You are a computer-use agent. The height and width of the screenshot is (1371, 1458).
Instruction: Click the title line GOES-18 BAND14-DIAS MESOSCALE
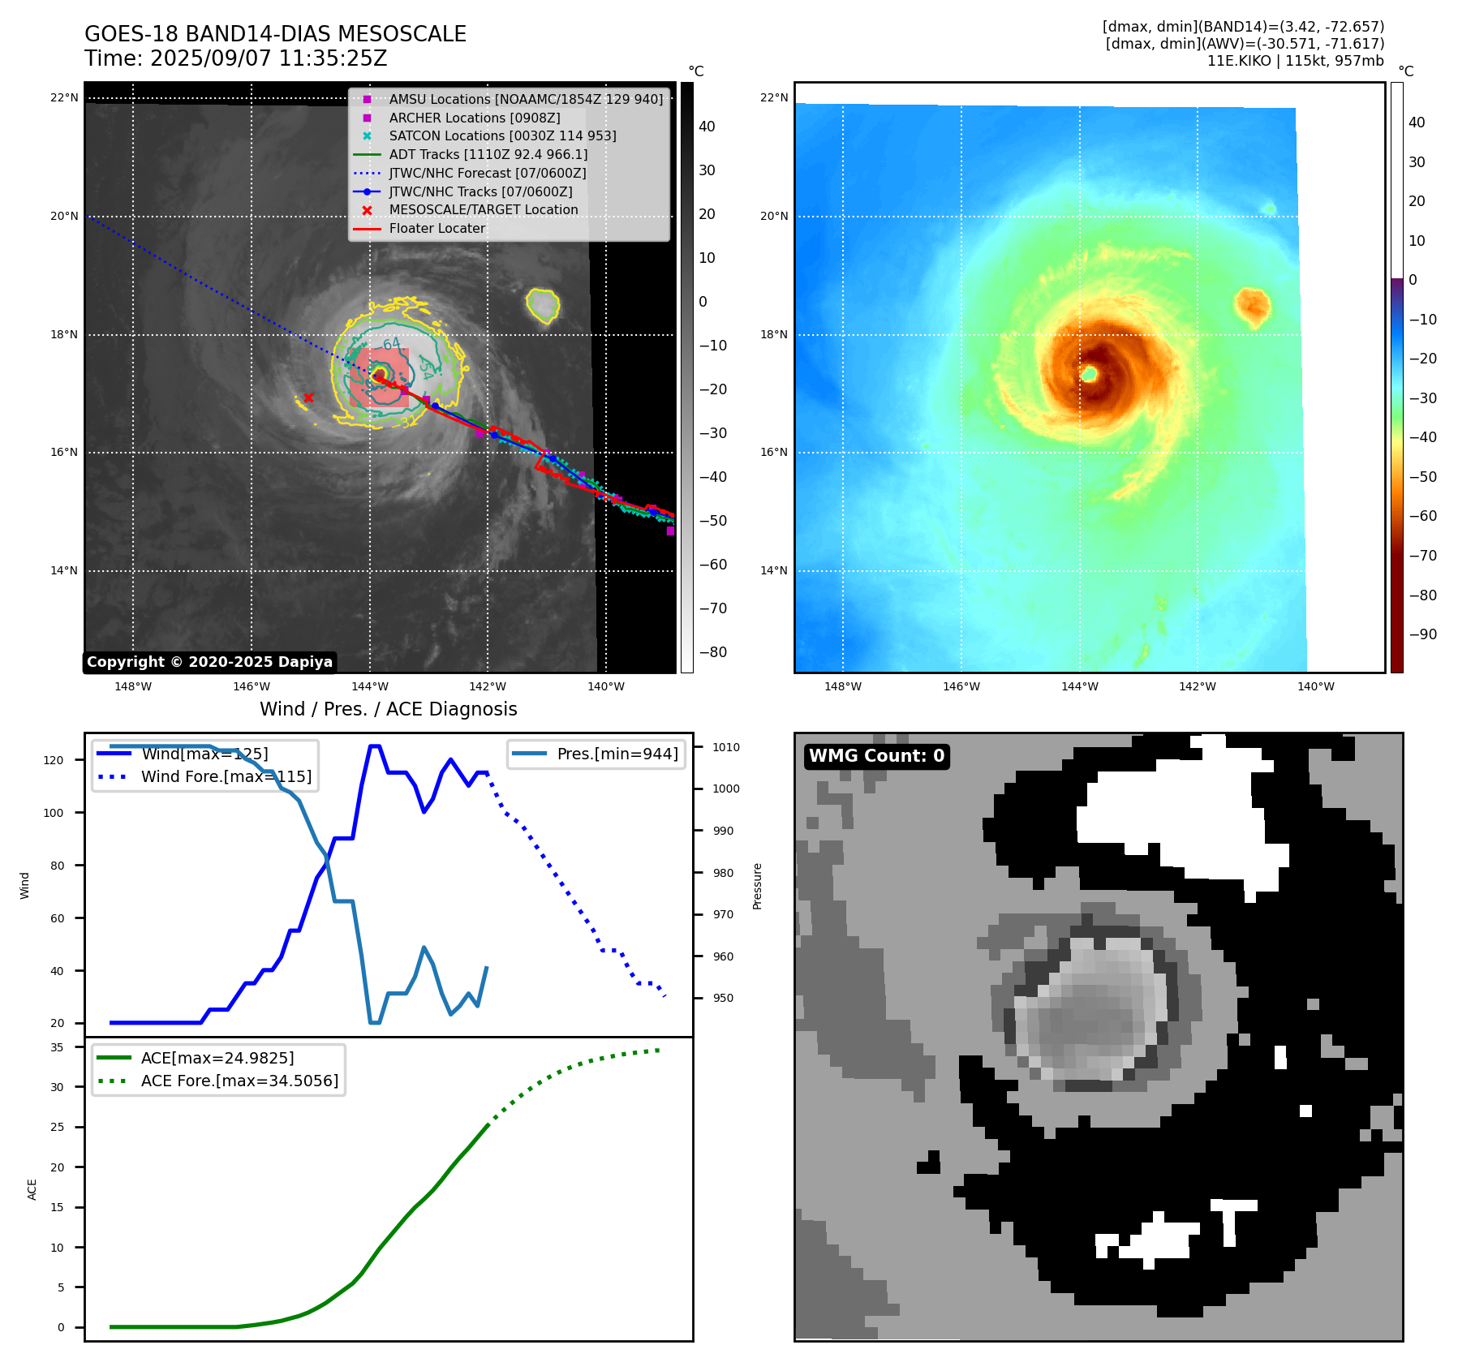pyautogui.click(x=275, y=34)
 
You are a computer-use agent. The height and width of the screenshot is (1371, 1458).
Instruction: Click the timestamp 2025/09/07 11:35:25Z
pyautogui.click(x=268, y=59)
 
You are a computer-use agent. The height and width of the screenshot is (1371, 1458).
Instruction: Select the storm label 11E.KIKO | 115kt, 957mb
pyautogui.click(x=1295, y=61)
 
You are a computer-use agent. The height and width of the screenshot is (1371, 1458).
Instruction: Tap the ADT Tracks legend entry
pyautogui.click(x=488, y=154)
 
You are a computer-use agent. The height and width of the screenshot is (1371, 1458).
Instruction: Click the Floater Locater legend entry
pyautogui.click(x=437, y=229)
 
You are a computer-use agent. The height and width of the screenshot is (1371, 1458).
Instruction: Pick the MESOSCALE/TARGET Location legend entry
pyautogui.click(x=483, y=210)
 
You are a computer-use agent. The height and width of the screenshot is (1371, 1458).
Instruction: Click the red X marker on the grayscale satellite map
pyautogui.click(x=308, y=398)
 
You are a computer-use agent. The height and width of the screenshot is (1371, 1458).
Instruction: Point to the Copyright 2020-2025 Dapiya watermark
pyautogui.click(x=209, y=662)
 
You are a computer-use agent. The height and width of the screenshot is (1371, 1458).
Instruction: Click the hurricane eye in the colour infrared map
pyautogui.click(x=1090, y=373)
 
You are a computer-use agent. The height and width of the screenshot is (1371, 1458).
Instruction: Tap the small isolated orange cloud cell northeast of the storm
pyautogui.click(x=1252, y=306)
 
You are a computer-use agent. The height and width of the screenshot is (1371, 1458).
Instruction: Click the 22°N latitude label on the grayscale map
pyautogui.click(x=65, y=98)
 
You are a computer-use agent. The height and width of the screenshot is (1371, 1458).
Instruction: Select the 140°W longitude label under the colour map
pyautogui.click(x=1315, y=686)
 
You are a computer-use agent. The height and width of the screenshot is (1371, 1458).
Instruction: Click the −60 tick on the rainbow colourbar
pyautogui.click(x=1422, y=516)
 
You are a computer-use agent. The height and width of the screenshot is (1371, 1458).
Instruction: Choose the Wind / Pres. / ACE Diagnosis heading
pyautogui.click(x=388, y=710)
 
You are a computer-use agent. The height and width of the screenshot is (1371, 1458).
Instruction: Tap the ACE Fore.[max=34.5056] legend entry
pyautogui.click(x=239, y=1081)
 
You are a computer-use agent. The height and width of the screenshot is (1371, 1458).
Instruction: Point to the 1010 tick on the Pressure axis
pyautogui.click(x=726, y=747)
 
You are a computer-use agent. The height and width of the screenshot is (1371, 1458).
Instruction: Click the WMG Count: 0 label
pyautogui.click(x=876, y=756)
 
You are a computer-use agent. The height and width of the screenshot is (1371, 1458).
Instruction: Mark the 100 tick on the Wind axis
pyautogui.click(x=54, y=813)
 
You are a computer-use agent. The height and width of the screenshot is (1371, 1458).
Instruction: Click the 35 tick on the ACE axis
pyautogui.click(x=57, y=1047)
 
